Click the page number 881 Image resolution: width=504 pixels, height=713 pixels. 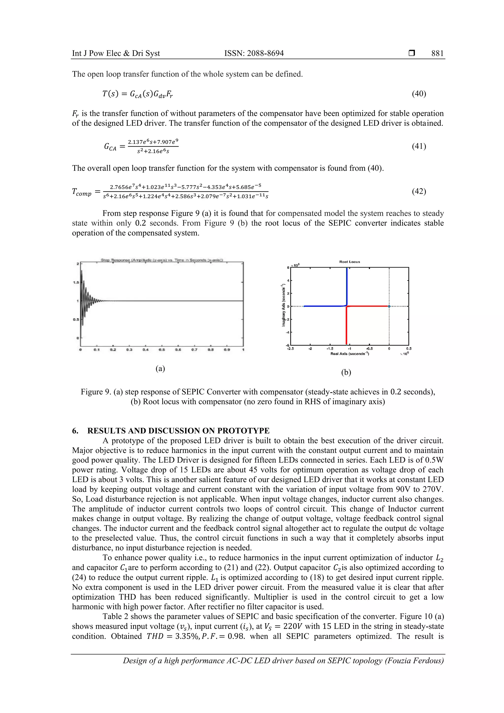(x=437, y=53)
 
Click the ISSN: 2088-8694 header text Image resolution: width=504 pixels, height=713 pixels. (x=254, y=53)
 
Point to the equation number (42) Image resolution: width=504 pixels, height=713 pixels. (x=419, y=191)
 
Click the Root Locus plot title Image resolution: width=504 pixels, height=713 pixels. (x=349, y=262)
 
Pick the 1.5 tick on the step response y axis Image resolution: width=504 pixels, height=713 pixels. (x=76, y=283)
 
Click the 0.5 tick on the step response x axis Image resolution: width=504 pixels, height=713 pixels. (x=161, y=350)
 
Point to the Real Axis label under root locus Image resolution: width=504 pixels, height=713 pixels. (x=349, y=354)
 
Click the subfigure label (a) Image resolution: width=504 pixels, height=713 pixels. (x=160, y=369)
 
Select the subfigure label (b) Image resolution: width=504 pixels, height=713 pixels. (x=346, y=372)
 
